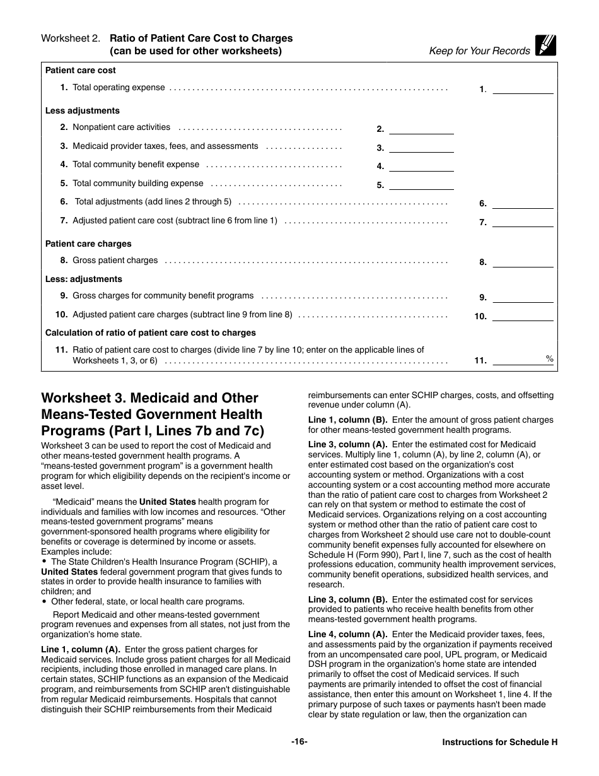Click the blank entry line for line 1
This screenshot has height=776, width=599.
(522, 90)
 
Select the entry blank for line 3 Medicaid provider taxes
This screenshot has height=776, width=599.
(421, 148)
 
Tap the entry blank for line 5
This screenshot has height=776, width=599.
(421, 185)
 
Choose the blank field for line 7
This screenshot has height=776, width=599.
(522, 223)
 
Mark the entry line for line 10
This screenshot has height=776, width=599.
(522, 317)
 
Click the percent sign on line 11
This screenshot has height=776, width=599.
(549, 359)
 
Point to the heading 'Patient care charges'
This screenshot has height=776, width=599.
(88, 244)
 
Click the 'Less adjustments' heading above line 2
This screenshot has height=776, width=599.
(82, 110)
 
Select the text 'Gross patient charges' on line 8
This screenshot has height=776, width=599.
(115, 260)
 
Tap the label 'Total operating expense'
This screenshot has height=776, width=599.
(119, 88)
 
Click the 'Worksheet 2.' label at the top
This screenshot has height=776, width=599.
(71, 38)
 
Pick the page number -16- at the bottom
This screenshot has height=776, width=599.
(299, 742)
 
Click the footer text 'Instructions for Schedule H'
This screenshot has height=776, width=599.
(499, 743)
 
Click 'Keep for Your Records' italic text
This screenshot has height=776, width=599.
(479, 51)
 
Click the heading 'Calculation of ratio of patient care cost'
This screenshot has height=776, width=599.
(150, 332)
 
